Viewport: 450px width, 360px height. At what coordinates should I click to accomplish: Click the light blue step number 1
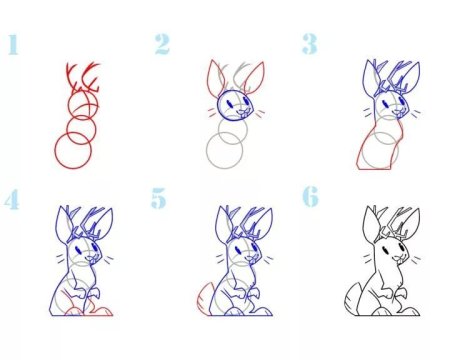[x=13, y=44]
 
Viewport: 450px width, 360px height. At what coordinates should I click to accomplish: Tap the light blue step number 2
[x=162, y=44]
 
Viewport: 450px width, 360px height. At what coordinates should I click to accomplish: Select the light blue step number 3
[x=310, y=44]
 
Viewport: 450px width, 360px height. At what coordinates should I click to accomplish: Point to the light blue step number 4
[x=12, y=199]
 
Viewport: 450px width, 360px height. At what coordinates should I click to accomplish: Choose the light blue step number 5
[x=159, y=198]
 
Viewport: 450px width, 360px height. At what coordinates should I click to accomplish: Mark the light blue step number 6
[x=310, y=197]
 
